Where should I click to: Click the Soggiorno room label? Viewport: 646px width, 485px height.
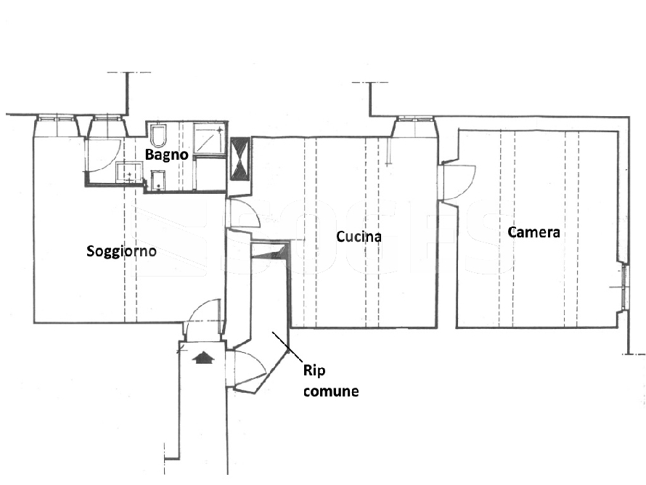[x=122, y=252]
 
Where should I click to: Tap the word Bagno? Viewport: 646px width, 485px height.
[x=167, y=155]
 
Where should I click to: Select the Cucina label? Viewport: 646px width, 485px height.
[x=359, y=237]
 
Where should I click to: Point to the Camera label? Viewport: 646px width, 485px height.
[x=533, y=232]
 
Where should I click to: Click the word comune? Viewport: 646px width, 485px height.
[x=330, y=392]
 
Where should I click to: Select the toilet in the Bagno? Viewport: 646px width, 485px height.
[x=160, y=136]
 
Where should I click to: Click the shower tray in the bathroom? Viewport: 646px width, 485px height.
[x=210, y=139]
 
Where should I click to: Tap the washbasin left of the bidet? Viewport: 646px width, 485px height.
[x=128, y=173]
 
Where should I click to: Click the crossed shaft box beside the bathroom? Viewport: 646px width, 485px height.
[x=239, y=158]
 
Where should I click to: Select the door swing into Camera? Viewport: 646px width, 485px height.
[x=459, y=182]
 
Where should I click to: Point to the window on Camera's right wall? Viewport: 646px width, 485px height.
[x=623, y=287]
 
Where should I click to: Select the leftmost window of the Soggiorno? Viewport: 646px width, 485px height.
[x=57, y=125]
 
